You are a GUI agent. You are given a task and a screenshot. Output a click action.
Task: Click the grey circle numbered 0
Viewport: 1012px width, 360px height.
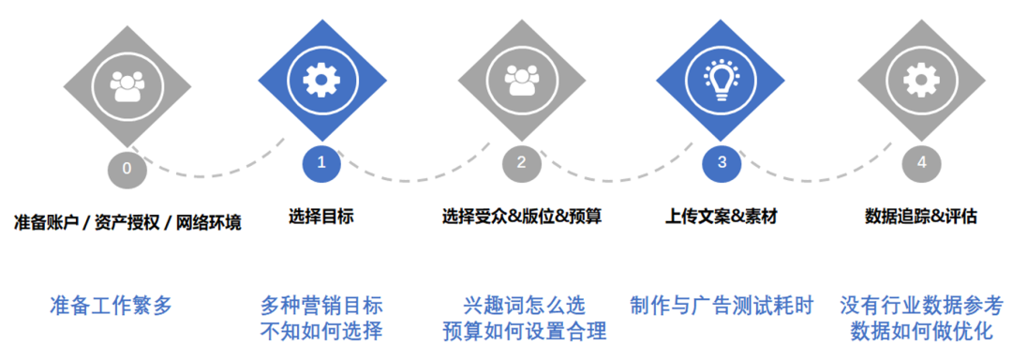(x=126, y=169)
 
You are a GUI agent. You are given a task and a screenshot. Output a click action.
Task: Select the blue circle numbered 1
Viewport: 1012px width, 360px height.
(x=321, y=164)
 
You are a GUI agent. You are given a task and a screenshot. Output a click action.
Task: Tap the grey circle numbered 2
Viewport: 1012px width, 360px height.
(x=521, y=164)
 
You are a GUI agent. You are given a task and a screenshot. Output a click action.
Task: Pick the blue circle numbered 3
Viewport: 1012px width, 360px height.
(x=721, y=164)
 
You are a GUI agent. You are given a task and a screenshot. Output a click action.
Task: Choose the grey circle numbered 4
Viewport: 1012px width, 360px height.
(x=921, y=164)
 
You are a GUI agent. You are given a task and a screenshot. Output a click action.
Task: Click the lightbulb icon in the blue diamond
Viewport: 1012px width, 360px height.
(x=721, y=80)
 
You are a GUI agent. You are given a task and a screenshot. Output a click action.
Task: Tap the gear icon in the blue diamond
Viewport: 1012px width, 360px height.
(x=321, y=82)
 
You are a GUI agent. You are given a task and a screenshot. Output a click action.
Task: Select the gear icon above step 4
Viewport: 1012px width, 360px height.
(x=921, y=82)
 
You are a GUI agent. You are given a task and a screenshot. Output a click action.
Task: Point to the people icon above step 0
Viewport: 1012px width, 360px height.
(x=126, y=86)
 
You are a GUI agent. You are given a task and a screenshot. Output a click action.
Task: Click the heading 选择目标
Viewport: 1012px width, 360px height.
(x=321, y=217)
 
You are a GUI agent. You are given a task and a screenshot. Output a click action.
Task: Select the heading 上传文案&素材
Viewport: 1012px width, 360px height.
(x=721, y=217)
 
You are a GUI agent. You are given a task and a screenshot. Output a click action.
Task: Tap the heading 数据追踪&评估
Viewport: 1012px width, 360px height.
(x=921, y=217)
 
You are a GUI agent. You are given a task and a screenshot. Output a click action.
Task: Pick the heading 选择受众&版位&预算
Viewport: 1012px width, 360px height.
(x=522, y=217)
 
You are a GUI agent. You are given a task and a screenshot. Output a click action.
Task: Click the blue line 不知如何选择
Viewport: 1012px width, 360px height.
(x=321, y=331)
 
